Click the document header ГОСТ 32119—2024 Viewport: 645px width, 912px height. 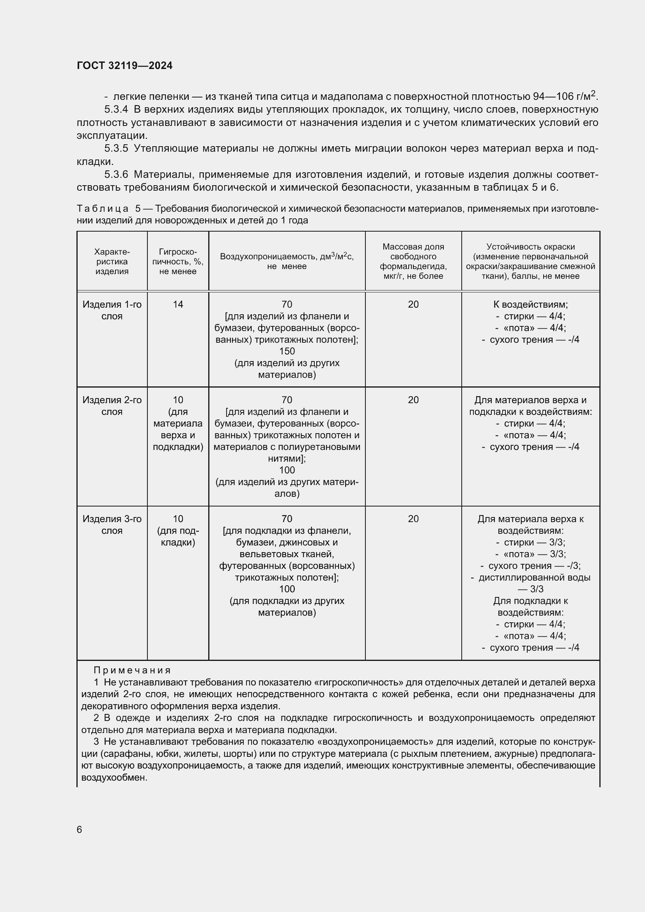pyautogui.click(x=125, y=66)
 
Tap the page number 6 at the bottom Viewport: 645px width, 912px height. pyautogui.click(x=80, y=830)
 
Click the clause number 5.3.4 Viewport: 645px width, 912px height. pyautogui.click(x=116, y=109)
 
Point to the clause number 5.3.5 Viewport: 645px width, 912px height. pyautogui.click(x=116, y=149)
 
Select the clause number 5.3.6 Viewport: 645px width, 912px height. pyautogui.click(x=116, y=174)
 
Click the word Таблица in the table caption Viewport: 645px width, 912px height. pyautogui.click(x=103, y=209)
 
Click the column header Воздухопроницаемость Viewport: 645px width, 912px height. pyautogui.click(x=287, y=257)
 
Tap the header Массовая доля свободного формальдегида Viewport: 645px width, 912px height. pyautogui.click(x=413, y=261)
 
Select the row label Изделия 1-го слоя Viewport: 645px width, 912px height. pyautogui.click(x=112, y=310)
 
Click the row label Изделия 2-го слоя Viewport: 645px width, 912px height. pyautogui.click(x=112, y=406)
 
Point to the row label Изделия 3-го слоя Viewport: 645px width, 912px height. pyautogui.click(x=112, y=525)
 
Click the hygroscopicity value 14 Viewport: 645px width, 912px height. pyautogui.click(x=178, y=305)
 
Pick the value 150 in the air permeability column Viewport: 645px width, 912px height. pyautogui.click(x=287, y=352)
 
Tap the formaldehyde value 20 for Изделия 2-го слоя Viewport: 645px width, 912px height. pyautogui.click(x=413, y=400)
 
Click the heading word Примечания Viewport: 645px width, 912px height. pyautogui.click(x=132, y=671)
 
